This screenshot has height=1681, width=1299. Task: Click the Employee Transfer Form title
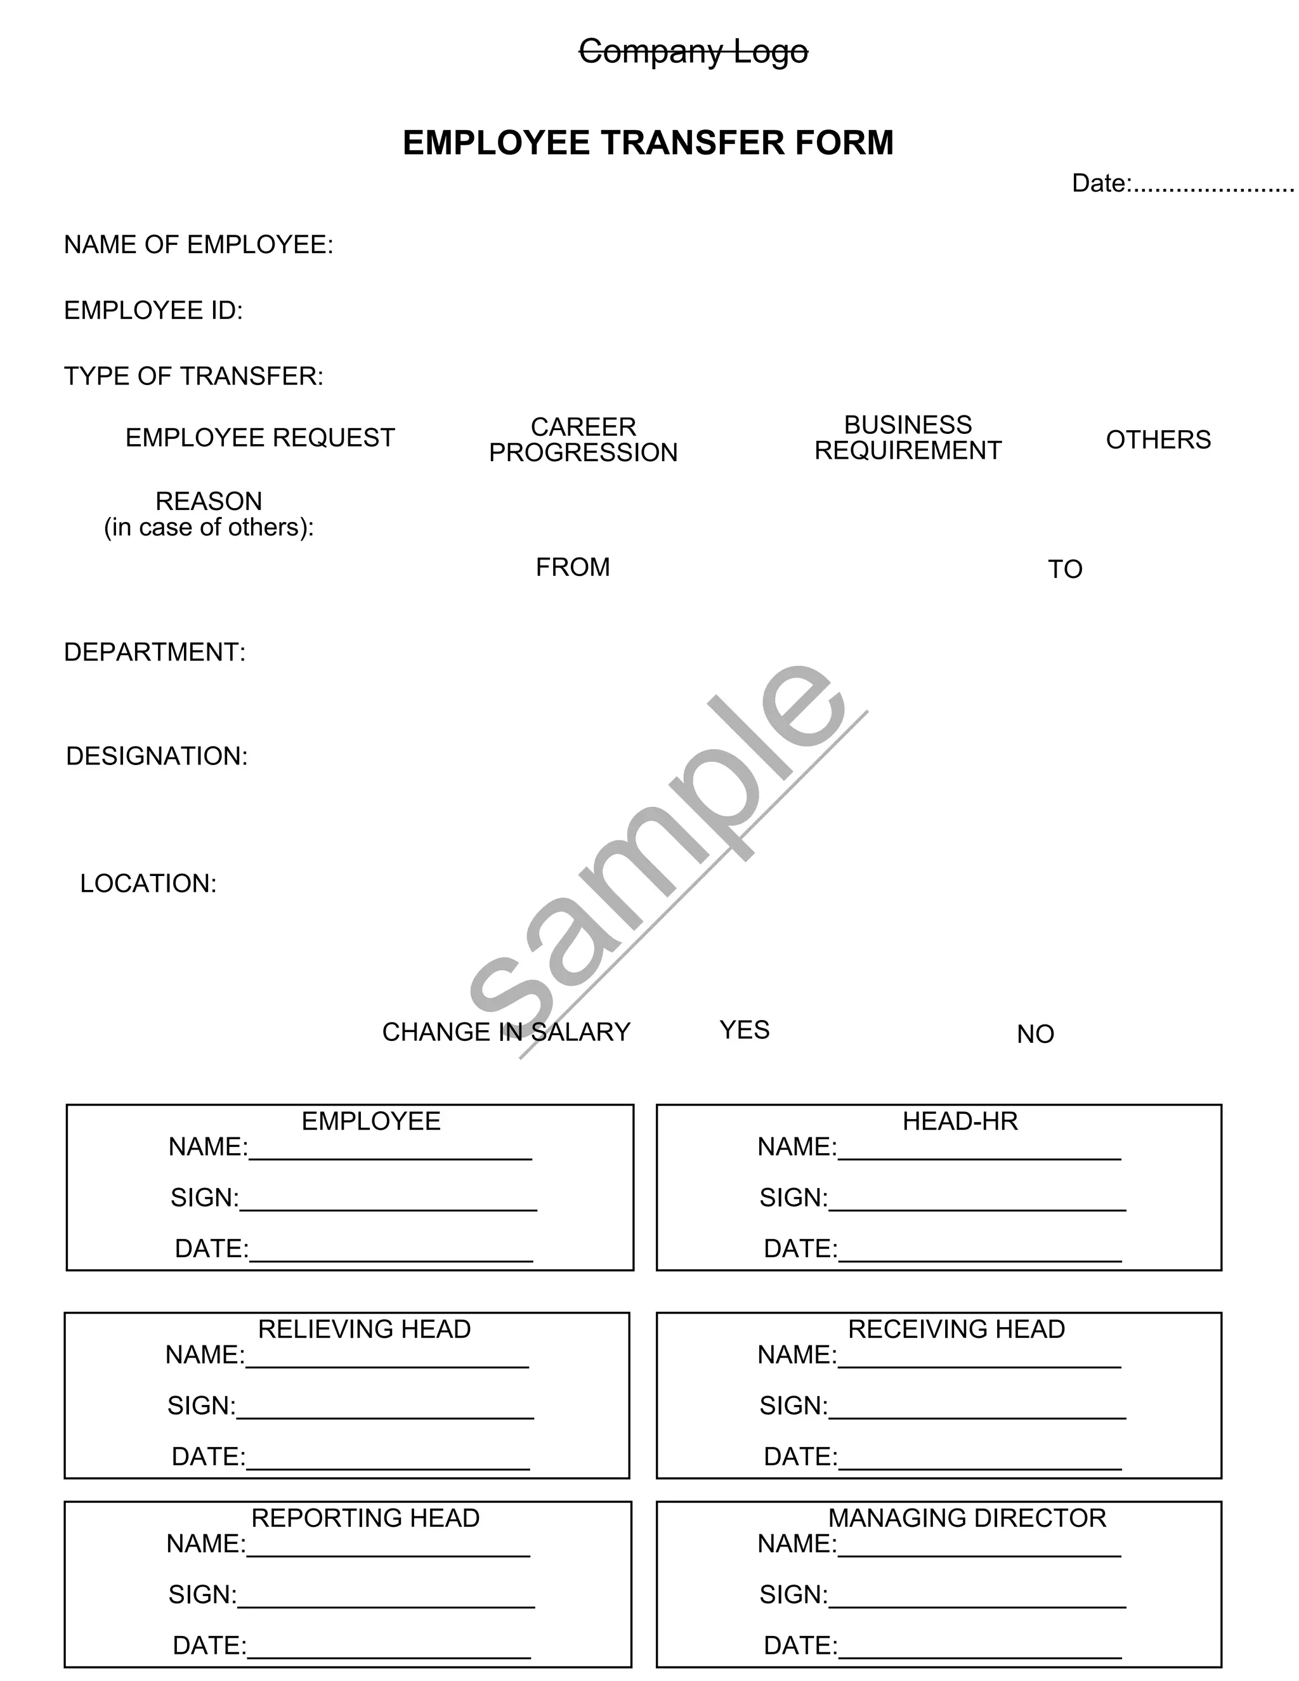pos(648,143)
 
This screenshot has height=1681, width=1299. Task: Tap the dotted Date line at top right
pos(1213,185)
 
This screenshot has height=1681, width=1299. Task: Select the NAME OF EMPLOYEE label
pos(199,245)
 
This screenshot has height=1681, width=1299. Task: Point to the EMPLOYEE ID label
pos(153,310)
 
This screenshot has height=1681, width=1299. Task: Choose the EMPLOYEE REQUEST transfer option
pos(260,438)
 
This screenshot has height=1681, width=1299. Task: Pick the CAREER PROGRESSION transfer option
pos(584,440)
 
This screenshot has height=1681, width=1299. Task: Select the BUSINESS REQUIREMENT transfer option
pos(908,437)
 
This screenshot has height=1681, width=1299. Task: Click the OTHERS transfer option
pos(1158,440)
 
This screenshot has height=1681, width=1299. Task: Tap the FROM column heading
pos(573,567)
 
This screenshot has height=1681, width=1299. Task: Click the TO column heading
pos(1065,570)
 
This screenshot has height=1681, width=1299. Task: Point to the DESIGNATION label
pos(157,756)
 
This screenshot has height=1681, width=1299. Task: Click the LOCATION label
pos(148,883)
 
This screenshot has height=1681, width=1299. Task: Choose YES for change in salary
pos(744,1030)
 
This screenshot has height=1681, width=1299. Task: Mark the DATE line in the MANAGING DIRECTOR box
pos(979,1652)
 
